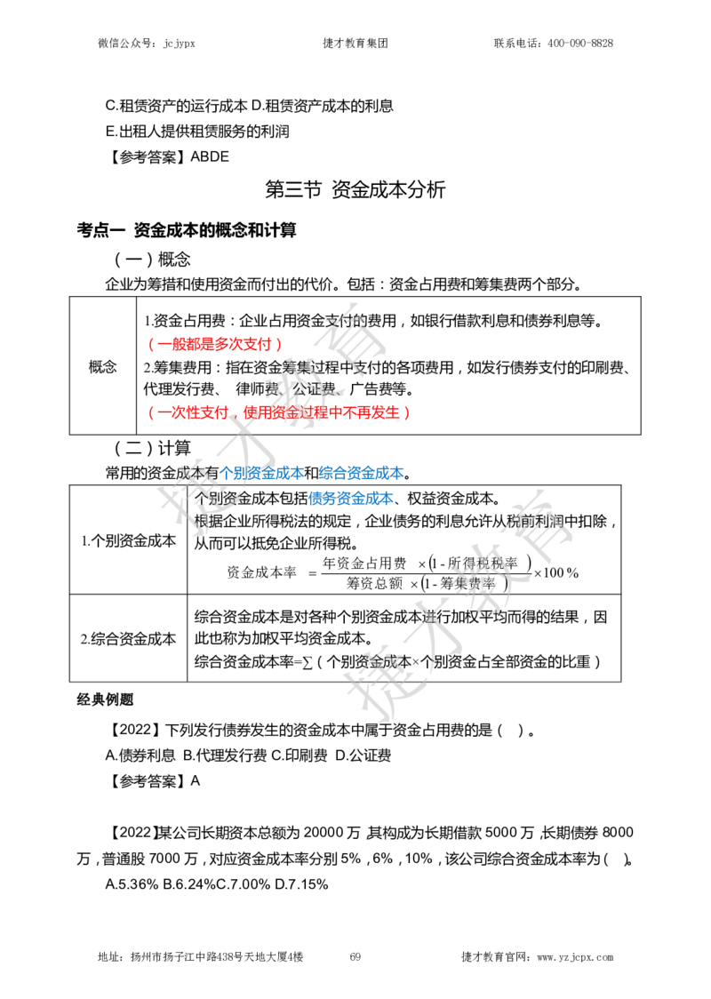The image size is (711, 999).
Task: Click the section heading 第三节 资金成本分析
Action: point(355,189)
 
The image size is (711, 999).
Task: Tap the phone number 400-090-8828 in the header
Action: point(580,44)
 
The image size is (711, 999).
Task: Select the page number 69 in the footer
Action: point(355,956)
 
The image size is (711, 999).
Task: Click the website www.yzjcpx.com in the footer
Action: point(575,957)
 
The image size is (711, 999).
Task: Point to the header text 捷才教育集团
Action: point(355,44)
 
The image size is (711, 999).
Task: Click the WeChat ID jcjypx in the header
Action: point(179,44)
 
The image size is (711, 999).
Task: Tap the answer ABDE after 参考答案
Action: point(210,156)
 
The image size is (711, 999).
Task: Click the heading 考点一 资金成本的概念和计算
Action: point(187,230)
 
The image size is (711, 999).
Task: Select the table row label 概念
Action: point(102,366)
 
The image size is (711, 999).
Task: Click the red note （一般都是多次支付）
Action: point(215,345)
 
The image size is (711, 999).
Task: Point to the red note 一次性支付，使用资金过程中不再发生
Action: point(278,413)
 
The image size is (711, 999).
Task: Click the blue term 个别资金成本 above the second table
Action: point(261,474)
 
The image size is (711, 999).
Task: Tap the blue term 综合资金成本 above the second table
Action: point(361,474)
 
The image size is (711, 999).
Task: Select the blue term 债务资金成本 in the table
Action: point(350,499)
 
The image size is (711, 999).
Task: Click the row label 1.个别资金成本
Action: point(128,541)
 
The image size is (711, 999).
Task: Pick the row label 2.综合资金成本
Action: point(128,639)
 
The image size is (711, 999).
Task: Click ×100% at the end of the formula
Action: point(556,572)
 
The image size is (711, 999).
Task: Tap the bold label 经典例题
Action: point(105,699)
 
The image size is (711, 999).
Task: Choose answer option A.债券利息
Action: point(140,755)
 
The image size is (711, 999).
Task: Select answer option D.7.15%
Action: point(301,884)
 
